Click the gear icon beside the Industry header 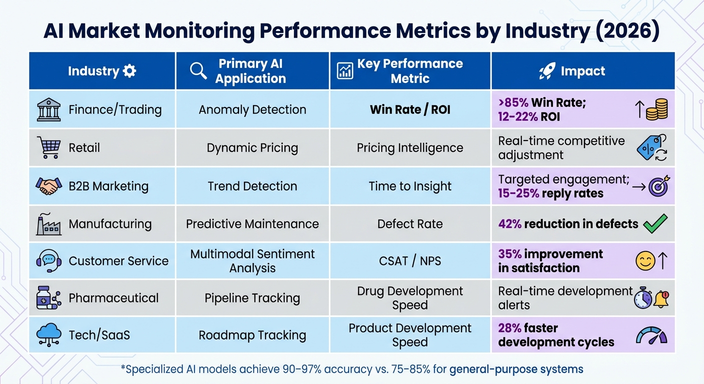pos(129,71)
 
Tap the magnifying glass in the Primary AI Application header pos(198,71)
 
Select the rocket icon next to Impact pos(547,71)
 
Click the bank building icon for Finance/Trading pos(48,110)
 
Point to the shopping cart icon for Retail pos(48,147)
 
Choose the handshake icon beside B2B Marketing pos(48,186)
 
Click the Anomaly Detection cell pos(252,110)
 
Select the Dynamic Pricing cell pos(252,148)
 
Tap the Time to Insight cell pos(410,186)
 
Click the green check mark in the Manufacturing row pos(655,223)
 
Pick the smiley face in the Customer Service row pos(645,261)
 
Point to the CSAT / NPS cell pos(410,261)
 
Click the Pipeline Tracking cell pos(252,298)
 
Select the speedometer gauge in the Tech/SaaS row pos(651,335)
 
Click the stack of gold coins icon pos(656,110)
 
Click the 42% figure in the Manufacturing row pos(509,224)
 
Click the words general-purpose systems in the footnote pos(516,369)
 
